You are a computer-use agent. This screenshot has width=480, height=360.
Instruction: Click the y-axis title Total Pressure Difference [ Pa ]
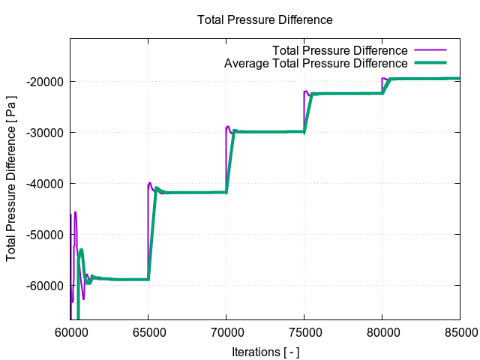pos(11,180)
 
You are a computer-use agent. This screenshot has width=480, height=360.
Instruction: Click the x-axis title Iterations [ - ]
pos(265,350)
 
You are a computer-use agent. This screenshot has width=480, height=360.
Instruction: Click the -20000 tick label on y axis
pos(46,81)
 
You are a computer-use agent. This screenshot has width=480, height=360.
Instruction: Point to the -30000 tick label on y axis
pos(46,132)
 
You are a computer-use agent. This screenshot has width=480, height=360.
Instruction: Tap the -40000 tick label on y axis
pos(46,183)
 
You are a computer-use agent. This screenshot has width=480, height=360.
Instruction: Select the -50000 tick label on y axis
pos(46,234)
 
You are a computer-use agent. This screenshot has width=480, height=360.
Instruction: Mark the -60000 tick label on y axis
pos(46,285)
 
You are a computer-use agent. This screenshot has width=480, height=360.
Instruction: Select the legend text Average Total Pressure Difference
pos(316,63)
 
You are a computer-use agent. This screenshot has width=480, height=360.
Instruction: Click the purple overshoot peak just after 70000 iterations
pos(228,127)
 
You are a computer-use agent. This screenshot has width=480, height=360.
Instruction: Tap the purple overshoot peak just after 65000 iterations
pos(150,183)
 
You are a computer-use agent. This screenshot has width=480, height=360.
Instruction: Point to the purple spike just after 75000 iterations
pos(305,91)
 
